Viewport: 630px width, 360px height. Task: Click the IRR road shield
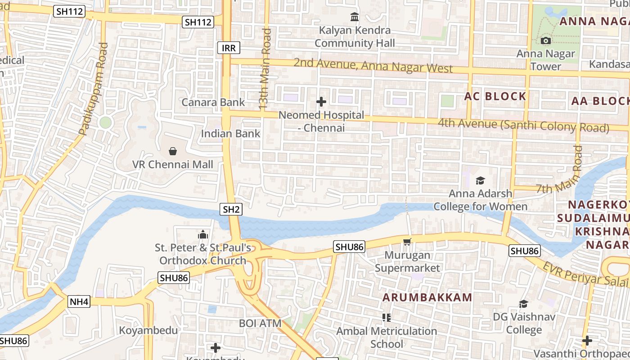(229, 48)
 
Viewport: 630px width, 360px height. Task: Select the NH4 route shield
(79, 301)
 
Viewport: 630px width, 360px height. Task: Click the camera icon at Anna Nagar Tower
(546, 41)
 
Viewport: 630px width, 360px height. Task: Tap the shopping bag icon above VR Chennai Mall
(172, 151)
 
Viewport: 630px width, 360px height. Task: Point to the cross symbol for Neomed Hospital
(321, 102)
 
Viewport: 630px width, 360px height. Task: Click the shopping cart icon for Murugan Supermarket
(407, 242)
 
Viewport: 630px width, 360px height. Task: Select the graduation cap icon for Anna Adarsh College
(480, 181)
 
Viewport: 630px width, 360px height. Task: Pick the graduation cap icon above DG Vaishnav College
(523, 304)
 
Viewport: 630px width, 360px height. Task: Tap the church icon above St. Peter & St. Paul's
(203, 234)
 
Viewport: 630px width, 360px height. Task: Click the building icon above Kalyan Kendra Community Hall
(355, 17)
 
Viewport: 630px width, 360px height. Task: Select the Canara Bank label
(213, 102)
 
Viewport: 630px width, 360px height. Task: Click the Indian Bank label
(230, 134)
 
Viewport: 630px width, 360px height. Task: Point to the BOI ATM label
(260, 323)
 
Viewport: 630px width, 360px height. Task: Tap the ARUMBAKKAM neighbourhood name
(427, 297)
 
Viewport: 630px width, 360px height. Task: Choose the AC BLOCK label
(495, 96)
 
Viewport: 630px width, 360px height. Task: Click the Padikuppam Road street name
(93, 89)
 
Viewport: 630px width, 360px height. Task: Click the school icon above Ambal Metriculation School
(386, 318)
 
